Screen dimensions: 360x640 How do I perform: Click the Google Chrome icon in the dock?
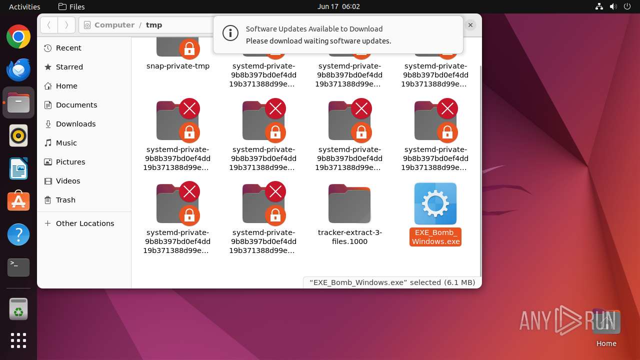pos(18,37)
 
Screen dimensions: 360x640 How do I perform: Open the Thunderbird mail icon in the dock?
pos(18,69)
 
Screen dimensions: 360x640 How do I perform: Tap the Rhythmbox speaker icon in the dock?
pos(18,135)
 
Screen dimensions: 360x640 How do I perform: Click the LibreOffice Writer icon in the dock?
pos(18,168)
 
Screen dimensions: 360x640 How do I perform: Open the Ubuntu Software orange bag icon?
pos(18,201)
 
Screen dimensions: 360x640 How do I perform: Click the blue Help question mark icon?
pos(18,234)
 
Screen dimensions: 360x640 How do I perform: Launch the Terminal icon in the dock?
pos(18,267)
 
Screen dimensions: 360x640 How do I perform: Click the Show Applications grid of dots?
pos(18,340)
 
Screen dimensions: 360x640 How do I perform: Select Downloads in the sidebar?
pos(75,124)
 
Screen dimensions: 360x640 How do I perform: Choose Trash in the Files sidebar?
pos(65,200)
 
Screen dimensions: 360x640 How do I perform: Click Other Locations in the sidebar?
pos(84,223)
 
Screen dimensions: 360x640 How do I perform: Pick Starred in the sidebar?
pos(69,67)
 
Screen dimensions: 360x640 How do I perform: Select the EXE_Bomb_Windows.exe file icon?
pos(435,203)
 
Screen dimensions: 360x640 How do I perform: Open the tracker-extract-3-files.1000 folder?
pos(349,203)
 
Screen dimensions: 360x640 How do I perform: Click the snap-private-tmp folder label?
pos(178,66)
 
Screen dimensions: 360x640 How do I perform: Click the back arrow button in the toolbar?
pos(49,25)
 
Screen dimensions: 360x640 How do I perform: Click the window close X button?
pos(470,25)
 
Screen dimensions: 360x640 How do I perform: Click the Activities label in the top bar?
pos(24,6)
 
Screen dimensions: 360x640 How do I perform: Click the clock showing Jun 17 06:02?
pos(338,6)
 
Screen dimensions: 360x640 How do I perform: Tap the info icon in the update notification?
pos(230,33)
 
